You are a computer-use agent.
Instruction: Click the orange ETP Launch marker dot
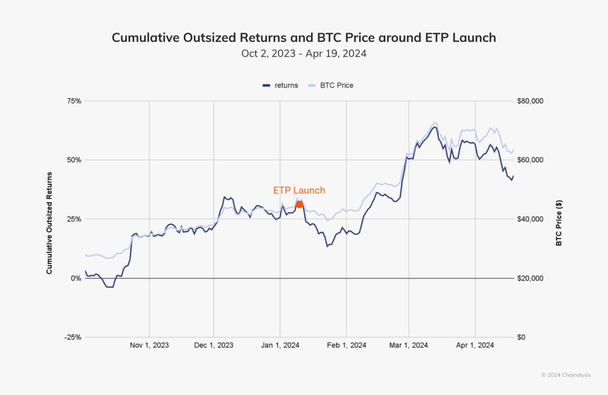coord(299,205)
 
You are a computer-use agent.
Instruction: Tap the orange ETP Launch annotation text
coord(299,190)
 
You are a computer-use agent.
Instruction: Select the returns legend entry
coord(280,85)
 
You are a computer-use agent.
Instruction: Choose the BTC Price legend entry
coord(331,85)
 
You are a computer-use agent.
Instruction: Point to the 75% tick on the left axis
coord(74,101)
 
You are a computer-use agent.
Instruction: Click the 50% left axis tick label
coord(74,160)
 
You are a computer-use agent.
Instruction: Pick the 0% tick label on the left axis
coord(76,278)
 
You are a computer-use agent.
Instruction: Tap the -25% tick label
coord(73,337)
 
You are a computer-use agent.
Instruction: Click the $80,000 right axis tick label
coord(530,101)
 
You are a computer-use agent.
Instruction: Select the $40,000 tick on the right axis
coord(530,219)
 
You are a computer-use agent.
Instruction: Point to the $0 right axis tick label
coord(521,337)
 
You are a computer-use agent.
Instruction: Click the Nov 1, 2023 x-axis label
coord(149,345)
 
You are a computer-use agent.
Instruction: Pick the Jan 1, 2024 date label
coord(280,345)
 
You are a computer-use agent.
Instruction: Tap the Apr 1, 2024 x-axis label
coord(475,345)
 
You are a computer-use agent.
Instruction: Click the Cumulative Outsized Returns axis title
coord(49,223)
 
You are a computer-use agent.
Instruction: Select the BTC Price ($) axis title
coord(559,223)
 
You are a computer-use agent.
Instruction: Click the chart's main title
coord(304,38)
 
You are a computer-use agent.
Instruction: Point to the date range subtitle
coord(304,53)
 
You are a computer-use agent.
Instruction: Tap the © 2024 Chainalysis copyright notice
coord(566,375)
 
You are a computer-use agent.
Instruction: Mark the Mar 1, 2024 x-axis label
coord(409,345)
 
